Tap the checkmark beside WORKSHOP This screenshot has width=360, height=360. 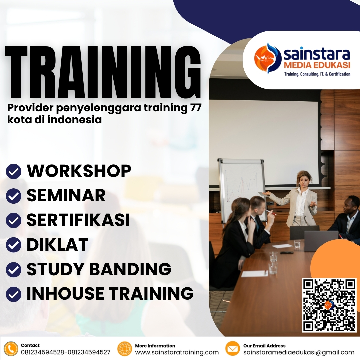[14, 171]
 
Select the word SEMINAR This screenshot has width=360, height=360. [66, 195]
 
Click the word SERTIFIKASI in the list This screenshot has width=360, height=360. [78, 220]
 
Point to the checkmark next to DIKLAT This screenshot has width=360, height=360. [14, 245]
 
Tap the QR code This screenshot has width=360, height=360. [329, 305]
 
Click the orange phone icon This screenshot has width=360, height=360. [11, 349]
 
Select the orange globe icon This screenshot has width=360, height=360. [125, 349]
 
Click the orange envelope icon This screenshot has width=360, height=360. [233, 349]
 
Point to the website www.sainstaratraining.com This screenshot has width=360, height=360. [177, 352]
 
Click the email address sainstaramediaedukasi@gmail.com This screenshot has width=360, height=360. [299, 352]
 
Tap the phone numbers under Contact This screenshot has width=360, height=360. [65, 352]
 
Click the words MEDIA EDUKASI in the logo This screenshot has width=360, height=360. [317, 65]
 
